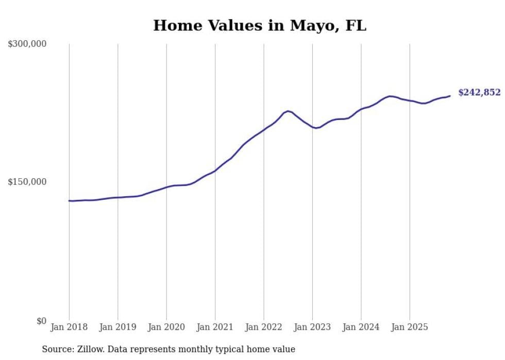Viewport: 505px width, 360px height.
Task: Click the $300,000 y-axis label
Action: pos(27,44)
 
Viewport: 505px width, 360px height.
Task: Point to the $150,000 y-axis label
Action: pos(27,182)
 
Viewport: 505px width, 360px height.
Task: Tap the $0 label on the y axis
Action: pos(41,321)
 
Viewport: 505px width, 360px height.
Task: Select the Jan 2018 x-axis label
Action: pos(69,327)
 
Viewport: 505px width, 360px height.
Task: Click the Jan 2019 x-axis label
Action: pos(117,327)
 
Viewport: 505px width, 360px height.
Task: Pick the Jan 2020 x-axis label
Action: pos(166,327)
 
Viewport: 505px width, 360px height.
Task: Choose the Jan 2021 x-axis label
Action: pos(215,327)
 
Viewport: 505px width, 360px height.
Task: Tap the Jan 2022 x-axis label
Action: pos(264,327)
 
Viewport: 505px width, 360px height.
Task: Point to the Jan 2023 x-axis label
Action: pos(312,327)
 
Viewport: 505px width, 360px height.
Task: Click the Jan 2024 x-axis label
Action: pos(361,327)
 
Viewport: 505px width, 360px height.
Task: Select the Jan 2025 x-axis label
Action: pos(410,327)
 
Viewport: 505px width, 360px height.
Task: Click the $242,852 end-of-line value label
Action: pos(479,93)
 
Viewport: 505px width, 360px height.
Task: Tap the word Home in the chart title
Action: pos(174,25)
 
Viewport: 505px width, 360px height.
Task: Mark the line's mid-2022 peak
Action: pos(288,111)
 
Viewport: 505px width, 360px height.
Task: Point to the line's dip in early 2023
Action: pos(316,128)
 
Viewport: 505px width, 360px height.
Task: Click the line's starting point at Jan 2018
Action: pos(69,200)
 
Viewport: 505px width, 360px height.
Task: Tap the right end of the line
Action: pos(450,96)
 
